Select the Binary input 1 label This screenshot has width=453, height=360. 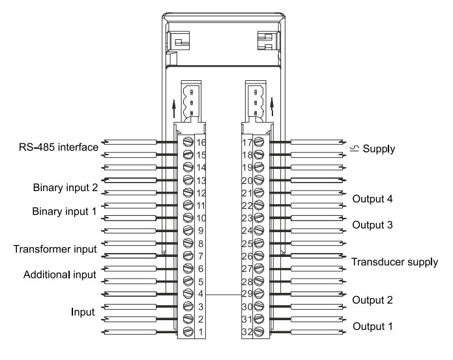click(65, 213)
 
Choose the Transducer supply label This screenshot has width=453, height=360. click(395, 262)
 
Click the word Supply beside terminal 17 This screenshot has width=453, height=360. click(379, 149)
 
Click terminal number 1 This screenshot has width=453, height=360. click(201, 332)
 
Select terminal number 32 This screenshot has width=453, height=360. click(247, 332)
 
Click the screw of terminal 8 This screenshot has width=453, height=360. click(188, 243)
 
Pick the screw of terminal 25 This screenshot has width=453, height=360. click(259, 243)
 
